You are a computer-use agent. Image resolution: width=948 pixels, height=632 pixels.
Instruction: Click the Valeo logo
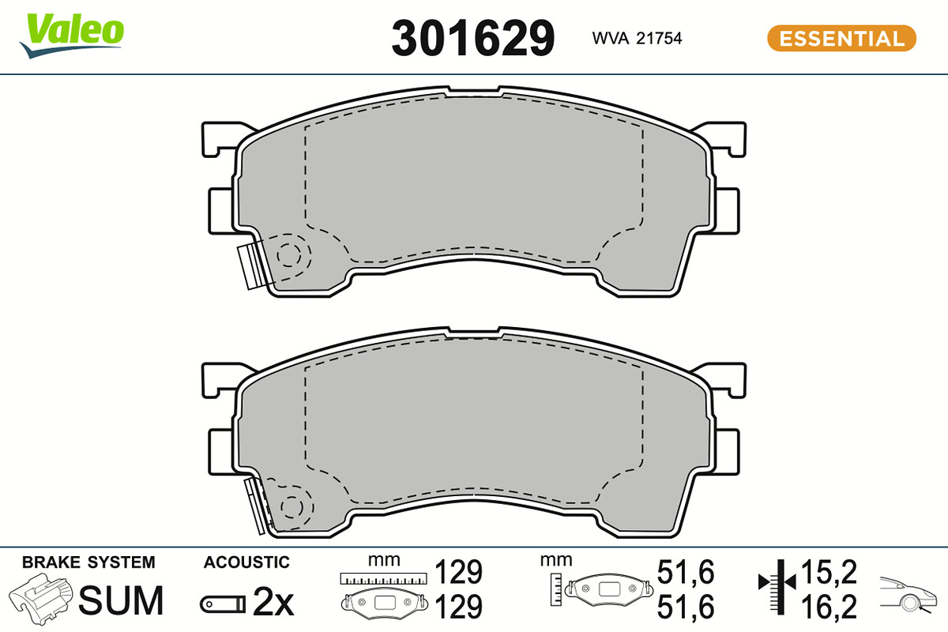click(72, 36)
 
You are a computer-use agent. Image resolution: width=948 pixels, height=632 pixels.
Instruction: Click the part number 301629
click(472, 39)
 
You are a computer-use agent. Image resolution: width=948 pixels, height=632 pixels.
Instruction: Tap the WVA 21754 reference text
click(637, 39)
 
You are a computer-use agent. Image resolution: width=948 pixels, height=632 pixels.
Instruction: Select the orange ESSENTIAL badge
click(841, 39)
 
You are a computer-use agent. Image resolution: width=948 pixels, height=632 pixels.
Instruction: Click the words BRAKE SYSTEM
click(88, 562)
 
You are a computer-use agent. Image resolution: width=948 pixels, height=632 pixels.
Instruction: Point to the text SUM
click(121, 600)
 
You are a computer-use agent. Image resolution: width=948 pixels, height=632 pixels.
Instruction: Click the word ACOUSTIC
click(246, 562)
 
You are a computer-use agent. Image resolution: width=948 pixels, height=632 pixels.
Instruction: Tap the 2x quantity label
click(273, 601)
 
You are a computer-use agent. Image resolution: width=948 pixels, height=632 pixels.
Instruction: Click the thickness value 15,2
click(829, 572)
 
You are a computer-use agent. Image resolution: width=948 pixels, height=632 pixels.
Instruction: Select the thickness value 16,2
click(829, 606)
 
